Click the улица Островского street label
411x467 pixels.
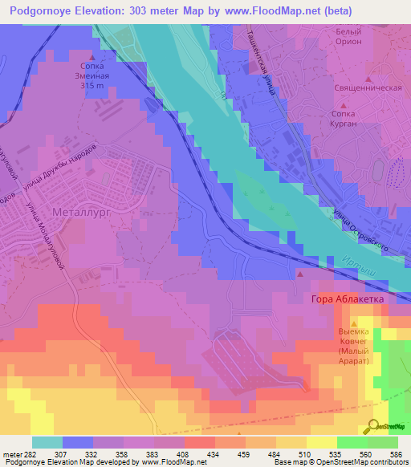360,230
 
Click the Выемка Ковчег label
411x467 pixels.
353,339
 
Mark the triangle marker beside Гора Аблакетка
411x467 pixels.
301,275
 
